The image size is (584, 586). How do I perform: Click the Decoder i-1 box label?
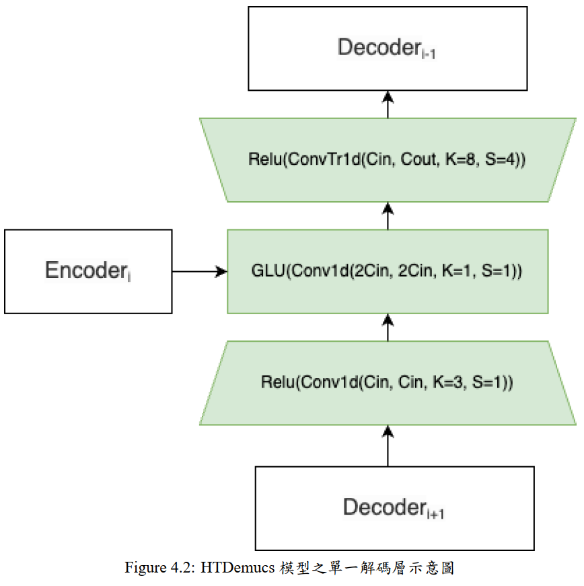tap(386, 48)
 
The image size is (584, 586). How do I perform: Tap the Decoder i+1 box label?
tap(394, 508)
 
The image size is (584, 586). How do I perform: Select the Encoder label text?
tap(88, 270)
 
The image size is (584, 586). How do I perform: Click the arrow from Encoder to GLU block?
tap(200, 271)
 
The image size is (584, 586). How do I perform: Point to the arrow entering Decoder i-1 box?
tap(388, 104)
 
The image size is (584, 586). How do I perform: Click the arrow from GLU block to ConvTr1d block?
tap(388, 216)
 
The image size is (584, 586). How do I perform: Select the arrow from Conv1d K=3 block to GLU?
tap(388, 327)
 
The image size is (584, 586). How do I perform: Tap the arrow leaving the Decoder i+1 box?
tap(388, 445)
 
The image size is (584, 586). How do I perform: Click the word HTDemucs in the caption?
tap(238, 568)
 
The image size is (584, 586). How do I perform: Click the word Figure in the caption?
tap(146, 568)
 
